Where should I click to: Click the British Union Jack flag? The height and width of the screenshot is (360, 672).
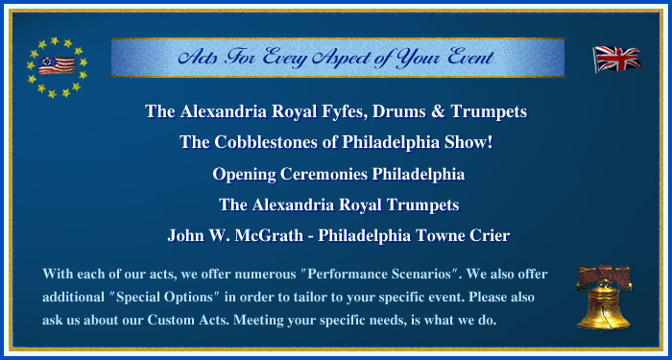(617, 60)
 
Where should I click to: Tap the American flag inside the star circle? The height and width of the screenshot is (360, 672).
(57, 65)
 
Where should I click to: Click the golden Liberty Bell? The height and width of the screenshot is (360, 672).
(604, 304)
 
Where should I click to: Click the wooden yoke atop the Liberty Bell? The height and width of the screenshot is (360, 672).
(604, 276)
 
